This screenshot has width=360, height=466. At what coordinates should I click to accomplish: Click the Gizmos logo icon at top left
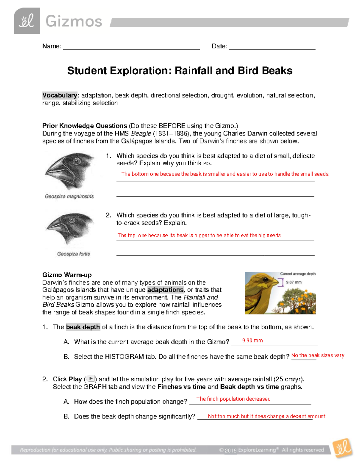pyautogui.click(x=27, y=21)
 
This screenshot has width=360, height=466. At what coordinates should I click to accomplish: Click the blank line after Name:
pyautogui.click(x=131, y=47)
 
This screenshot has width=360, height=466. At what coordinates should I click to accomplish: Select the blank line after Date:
pyautogui.click(x=272, y=47)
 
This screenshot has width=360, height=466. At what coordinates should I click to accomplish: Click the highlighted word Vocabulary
pyautogui.click(x=60, y=95)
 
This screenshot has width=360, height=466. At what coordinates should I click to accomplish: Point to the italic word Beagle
pyautogui.click(x=141, y=134)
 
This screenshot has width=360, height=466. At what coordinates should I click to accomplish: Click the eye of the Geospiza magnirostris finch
pyautogui.click(x=77, y=162)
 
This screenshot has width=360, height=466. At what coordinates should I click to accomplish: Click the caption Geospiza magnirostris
pyautogui.click(x=69, y=197)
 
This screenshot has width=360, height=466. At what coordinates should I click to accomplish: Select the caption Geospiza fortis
pyautogui.click(x=73, y=254)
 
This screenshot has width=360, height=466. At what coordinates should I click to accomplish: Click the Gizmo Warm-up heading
pyautogui.click(x=67, y=275)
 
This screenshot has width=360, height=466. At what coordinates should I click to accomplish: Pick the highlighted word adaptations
pyautogui.click(x=165, y=290)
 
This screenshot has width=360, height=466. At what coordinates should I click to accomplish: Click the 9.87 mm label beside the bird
pyautogui.click(x=294, y=282)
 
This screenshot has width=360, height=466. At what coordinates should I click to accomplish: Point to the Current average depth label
pyautogui.click(x=298, y=274)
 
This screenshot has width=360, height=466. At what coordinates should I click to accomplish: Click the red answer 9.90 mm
pyautogui.click(x=252, y=341)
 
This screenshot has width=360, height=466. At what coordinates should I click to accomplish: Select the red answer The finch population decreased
pyautogui.click(x=233, y=399)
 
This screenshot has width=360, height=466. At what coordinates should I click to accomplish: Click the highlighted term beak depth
pyautogui.click(x=83, y=327)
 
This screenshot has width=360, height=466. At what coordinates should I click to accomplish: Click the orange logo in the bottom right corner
pyautogui.click(x=343, y=448)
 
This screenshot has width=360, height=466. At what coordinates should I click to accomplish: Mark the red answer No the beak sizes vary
pyautogui.click(x=317, y=355)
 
